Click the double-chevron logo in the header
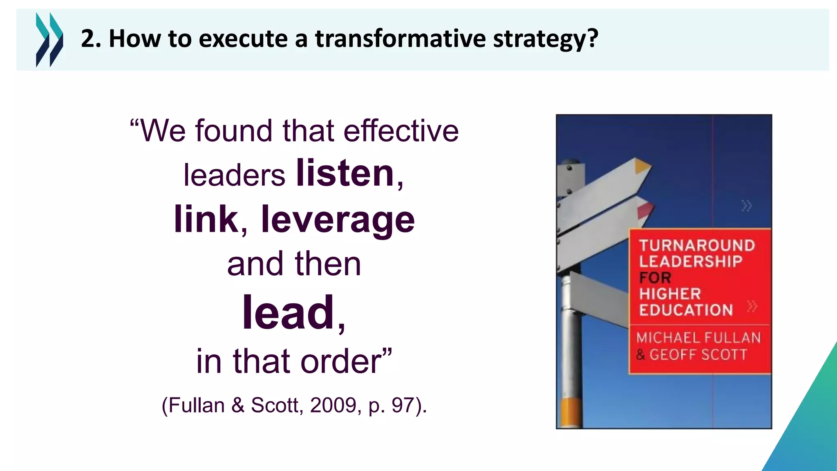pos(49,39)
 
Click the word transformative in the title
pos(401,38)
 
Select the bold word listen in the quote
pos(345,173)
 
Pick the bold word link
pos(206,219)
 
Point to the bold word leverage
pos(338,220)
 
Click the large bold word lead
pos(289,312)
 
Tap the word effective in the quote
pos(401,131)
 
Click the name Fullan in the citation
pos(197,405)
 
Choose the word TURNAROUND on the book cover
pos(697,245)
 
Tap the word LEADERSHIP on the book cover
pos(691,261)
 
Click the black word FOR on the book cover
pos(655,278)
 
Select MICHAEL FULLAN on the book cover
pos(698,338)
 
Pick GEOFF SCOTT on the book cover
pos(698,354)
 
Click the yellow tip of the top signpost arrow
pos(642,166)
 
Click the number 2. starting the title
pos(91,39)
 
